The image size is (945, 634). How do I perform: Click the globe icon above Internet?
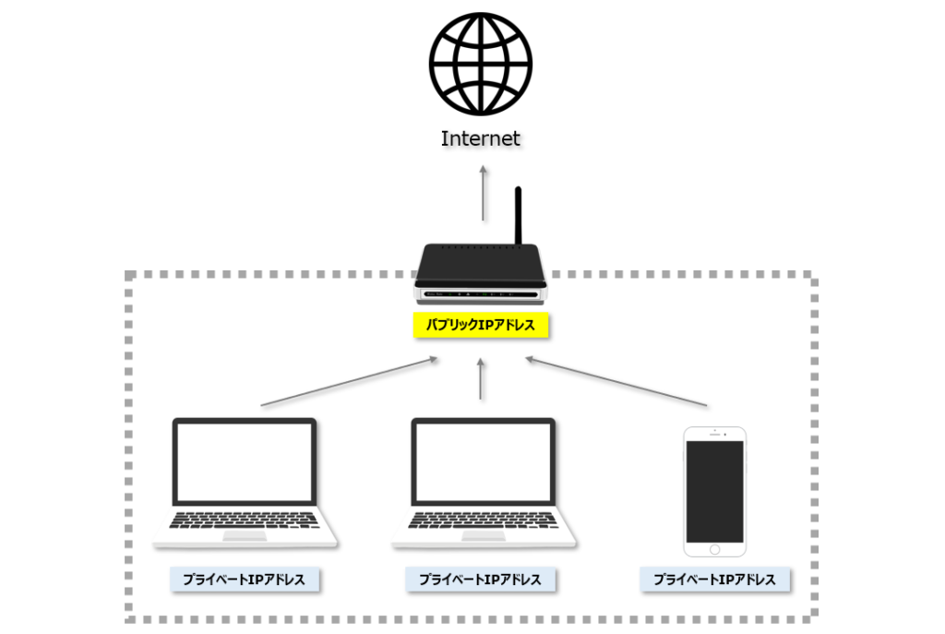coord(481,64)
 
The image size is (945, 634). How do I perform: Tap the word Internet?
coord(480,138)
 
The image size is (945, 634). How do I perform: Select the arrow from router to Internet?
coord(483,193)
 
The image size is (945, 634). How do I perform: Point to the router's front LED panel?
coord(480,294)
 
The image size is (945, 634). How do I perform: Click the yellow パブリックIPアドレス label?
coord(480,325)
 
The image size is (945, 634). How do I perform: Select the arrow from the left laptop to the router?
coord(349,382)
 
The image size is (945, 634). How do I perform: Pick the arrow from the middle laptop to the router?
coord(480,378)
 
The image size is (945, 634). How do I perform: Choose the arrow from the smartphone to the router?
coord(616,382)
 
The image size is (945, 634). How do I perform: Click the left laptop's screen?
coord(245,461)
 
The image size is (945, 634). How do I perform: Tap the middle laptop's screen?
coord(484,461)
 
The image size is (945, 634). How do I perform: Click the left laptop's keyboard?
coord(244,520)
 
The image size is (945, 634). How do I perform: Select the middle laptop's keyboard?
coord(483,520)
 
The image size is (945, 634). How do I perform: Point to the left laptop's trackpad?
coord(245,536)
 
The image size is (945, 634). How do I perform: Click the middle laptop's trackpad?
coord(484,536)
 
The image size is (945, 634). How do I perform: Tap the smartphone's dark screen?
coord(715,492)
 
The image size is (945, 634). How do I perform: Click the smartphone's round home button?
coord(715,550)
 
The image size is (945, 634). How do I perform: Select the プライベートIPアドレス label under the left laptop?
coord(244,580)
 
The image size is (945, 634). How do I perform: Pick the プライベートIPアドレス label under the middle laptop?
coord(480,580)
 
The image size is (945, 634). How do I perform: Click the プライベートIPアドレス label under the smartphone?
coord(715,580)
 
